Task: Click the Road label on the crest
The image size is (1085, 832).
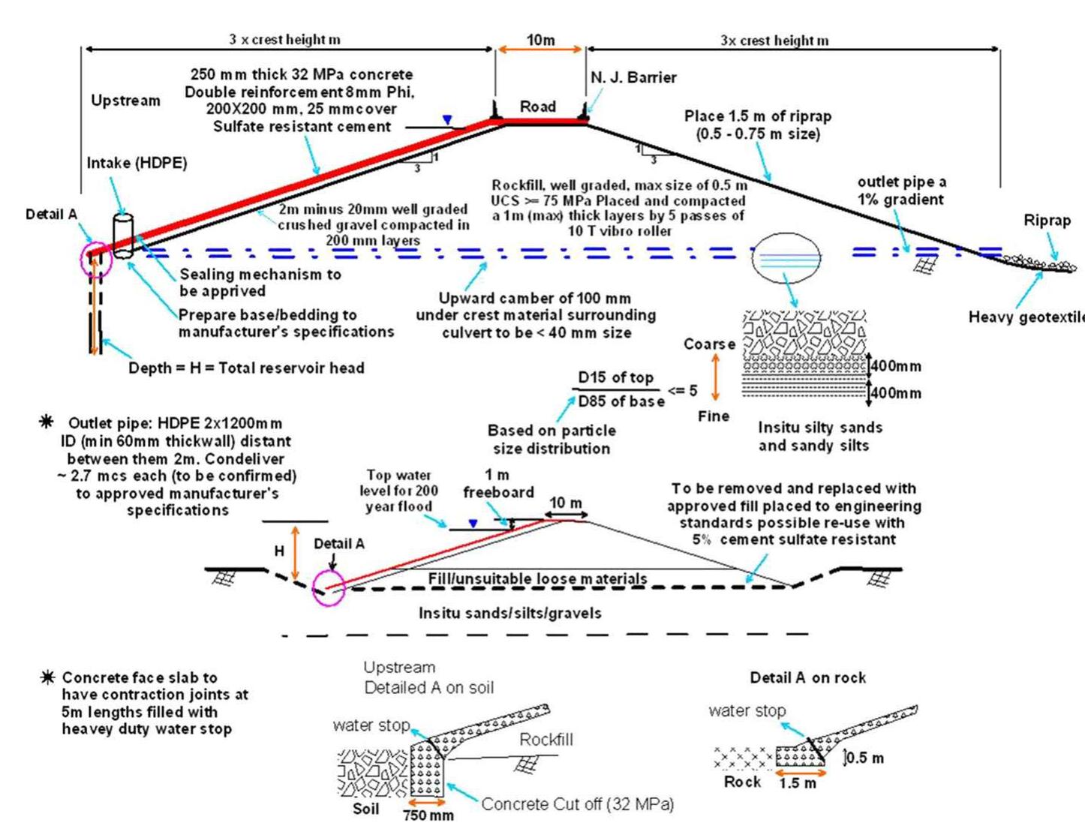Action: coord(538,107)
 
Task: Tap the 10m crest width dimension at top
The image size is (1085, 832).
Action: coord(540,40)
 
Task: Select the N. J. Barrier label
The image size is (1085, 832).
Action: coord(633,77)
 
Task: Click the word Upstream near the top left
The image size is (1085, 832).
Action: coord(125,101)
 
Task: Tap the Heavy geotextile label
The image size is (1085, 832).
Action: coord(1026,317)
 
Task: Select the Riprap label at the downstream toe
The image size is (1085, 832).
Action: coord(1047,221)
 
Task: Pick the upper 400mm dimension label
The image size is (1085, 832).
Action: coord(895,366)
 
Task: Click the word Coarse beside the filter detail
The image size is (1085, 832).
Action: coord(709,344)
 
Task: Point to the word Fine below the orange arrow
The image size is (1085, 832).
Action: coord(713,416)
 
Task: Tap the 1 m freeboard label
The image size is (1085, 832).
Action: coord(498,484)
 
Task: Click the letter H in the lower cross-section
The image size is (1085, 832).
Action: coord(279,551)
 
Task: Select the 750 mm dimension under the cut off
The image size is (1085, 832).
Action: coord(428,815)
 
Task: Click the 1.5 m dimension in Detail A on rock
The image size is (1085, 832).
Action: coord(798,783)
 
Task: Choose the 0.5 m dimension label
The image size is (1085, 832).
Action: coord(864,758)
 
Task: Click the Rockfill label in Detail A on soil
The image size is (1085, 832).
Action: coord(546,740)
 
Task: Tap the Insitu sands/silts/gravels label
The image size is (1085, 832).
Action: coord(509,613)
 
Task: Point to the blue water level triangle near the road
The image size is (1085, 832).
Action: coord(447,120)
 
